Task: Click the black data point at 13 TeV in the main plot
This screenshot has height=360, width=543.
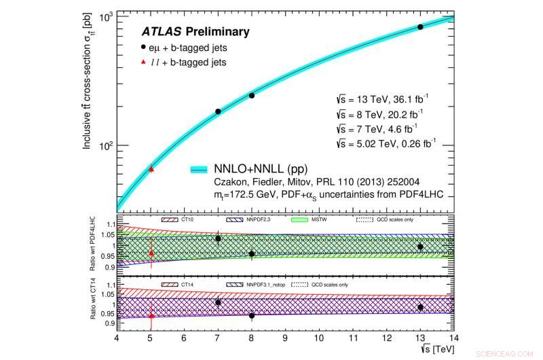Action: pyautogui.click(x=420, y=27)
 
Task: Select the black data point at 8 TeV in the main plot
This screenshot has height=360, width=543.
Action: pyautogui.click(x=252, y=96)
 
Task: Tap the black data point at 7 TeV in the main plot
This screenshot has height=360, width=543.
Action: pyautogui.click(x=218, y=111)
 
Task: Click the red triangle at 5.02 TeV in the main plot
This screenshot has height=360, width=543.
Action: pyautogui.click(x=151, y=168)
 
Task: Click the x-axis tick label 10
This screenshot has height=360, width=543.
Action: pyautogui.click(x=319, y=338)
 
